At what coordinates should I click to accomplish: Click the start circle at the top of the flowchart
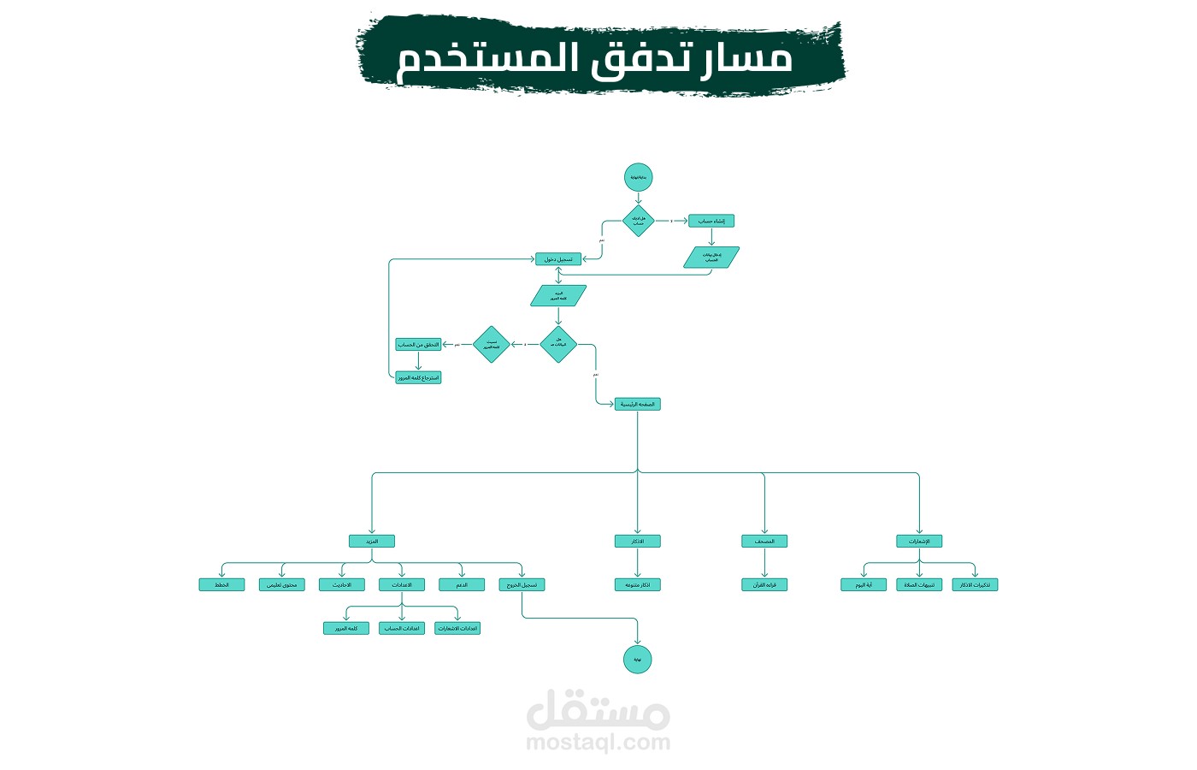click(x=638, y=177)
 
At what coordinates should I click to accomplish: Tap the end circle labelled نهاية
click(x=638, y=660)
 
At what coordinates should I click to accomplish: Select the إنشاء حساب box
click(x=711, y=221)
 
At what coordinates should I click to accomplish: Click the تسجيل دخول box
click(x=558, y=259)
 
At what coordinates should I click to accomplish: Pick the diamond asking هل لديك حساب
click(x=638, y=221)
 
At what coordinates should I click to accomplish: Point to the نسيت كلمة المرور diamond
click(x=491, y=345)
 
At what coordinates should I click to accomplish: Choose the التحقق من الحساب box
click(x=418, y=345)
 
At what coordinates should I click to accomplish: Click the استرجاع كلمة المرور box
click(x=418, y=377)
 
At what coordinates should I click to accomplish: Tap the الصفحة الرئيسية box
click(x=638, y=404)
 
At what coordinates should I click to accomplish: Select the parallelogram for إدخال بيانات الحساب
click(x=711, y=258)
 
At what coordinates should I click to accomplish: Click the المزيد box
click(x=372, y=542)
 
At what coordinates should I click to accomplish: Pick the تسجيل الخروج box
click(x=522, y=585)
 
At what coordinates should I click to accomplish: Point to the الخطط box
click(x=221, y=585)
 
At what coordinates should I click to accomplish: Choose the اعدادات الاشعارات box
click(x=457, y=628)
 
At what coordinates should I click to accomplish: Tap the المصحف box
click(x=764, y=542)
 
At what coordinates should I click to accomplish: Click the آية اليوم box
click(x=864, y=585)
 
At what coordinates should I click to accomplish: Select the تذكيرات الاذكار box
click(x=975, y=585)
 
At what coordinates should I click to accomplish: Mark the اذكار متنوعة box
click(x=638, y=585)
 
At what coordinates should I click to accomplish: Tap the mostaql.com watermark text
click(x=598, y=743)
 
